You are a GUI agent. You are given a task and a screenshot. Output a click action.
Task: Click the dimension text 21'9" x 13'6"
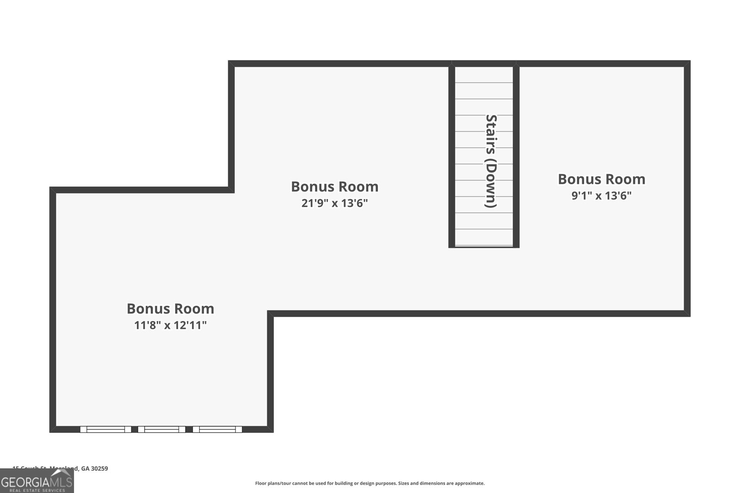click(x=334, y=203)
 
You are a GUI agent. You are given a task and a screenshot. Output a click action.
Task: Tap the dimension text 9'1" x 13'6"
click(x=601, y=196)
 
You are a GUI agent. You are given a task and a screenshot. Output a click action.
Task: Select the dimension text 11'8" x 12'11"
click(x=170, y=325)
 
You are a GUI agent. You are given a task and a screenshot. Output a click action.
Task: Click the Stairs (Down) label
click(x=490, y=161)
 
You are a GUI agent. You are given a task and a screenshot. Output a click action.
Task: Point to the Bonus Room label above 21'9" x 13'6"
click(x=334, y=187)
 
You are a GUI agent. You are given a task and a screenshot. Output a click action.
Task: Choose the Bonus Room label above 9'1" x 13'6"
click(x=601, y=179)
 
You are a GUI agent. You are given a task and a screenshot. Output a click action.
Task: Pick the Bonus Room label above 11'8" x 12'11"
click(x=170, y=309)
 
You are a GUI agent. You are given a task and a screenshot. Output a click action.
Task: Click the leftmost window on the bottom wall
click(x=105, y=429)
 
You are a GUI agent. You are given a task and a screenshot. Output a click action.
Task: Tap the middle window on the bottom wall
click(x=161, y=429)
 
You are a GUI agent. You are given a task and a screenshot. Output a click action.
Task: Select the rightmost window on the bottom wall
click(x=217, y=429)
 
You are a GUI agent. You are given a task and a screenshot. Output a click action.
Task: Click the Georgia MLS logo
click(x=37, y=482)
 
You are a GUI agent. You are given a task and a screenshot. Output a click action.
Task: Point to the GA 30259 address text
click(x=94, y=469)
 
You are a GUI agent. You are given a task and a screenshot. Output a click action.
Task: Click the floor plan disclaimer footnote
click(x=370, y=483)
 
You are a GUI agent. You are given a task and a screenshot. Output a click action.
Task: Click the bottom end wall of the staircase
click(x=484, y=247)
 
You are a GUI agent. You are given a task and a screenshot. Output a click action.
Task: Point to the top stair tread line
click(x=484, y=83)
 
